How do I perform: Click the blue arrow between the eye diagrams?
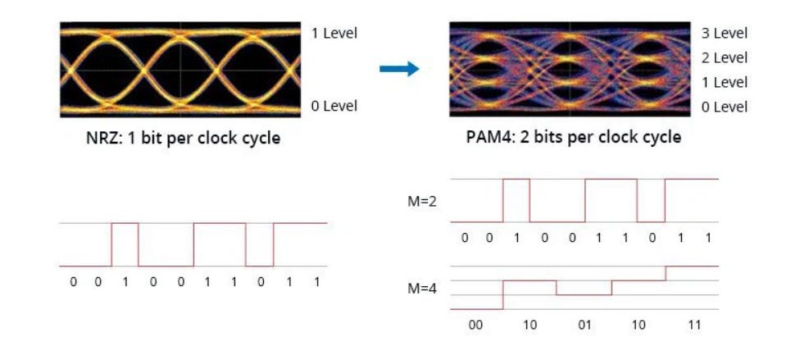[x=399, y=69]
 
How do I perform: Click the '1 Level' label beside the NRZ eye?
[x=334, y=34]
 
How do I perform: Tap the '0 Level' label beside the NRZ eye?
[x=334, y=107]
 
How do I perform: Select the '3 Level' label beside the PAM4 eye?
[x=725, y=34]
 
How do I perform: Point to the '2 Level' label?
[x=725, y=58]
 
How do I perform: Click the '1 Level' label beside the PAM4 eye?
[x=725, y=83]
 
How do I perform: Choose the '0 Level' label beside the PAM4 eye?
[x=725, y=107]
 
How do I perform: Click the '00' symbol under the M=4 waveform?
[x=476, y=325]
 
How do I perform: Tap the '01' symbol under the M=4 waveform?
[x=584, y=325]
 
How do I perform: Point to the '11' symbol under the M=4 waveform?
[x=694, y=325]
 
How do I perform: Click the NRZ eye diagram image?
[x=180, y=69]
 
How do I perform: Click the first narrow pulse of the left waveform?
[x=125, y=244]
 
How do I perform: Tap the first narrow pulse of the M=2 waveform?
[x=516, y=200]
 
